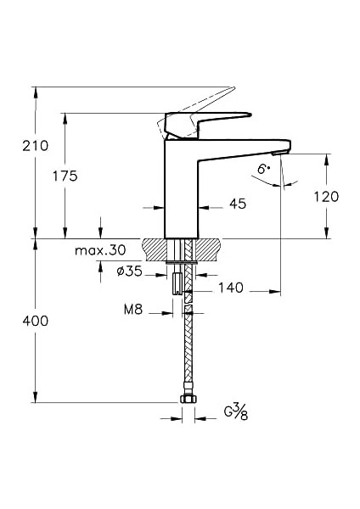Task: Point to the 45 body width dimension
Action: click(x=238, y=204)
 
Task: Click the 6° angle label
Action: click(x=265, y=170)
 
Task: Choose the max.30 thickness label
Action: click(x=99, y=250)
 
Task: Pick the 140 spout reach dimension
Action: click(x=230, y=288)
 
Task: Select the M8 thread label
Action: click(x=132, y=310)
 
